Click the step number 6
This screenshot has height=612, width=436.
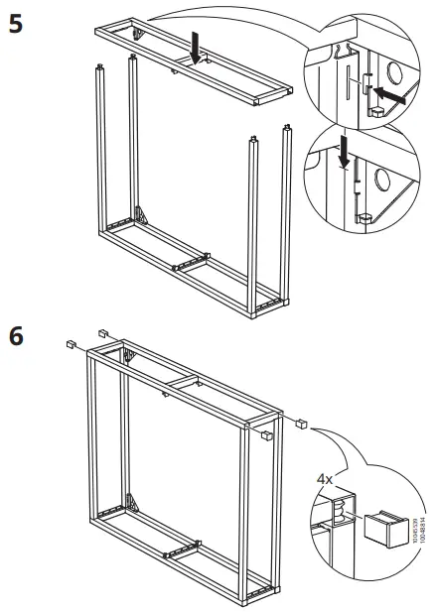pyautogui.click(x=17, y=336)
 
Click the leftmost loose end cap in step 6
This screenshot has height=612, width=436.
pyautogui.click(x=71, y=344)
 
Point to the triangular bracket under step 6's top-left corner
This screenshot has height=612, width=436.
pyautogui.click(x=128, y=354)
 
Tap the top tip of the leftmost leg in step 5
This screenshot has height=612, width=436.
pyautogui.click(x=100, y=68)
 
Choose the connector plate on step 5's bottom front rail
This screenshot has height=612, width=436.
pyautogui.click(x=190, y=260)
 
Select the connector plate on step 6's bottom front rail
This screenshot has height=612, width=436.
pyautogui.click(x=184, y=549)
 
